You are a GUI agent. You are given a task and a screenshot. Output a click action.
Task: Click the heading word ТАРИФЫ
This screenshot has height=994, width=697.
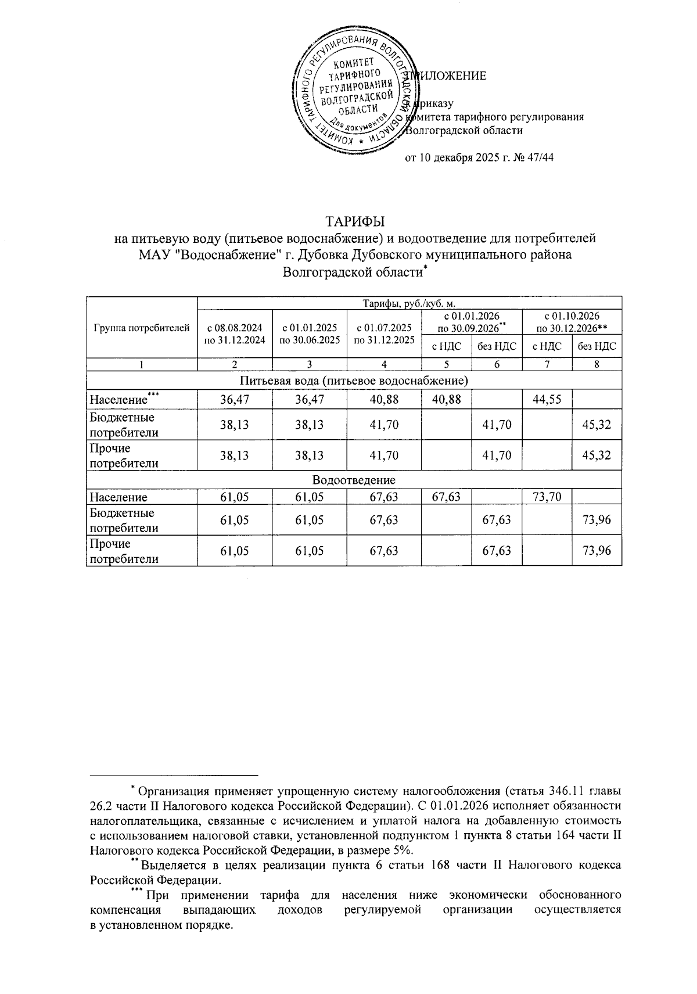[x=355, y=222]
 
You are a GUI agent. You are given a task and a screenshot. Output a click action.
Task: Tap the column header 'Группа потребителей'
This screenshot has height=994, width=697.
[x=141, y=328]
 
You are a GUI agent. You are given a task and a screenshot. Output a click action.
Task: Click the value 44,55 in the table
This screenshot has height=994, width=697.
[x=547, y=400]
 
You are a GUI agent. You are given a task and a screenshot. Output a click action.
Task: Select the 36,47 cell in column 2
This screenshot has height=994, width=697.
[x=235, y=400]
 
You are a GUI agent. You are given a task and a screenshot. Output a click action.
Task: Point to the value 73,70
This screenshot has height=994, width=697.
[x=547, y=497]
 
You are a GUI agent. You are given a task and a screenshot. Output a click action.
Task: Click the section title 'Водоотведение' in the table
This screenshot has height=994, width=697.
[x=354, y=480]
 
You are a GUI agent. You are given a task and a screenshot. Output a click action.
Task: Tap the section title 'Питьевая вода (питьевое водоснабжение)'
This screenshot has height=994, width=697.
[x=354, y=381]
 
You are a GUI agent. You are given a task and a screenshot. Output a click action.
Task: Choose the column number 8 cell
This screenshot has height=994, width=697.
[x=597, y=365]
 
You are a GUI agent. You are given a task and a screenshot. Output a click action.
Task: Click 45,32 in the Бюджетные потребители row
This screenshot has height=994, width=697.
[x=597, y=425]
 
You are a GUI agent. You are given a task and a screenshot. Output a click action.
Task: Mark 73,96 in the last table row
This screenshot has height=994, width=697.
[x=597, y=550]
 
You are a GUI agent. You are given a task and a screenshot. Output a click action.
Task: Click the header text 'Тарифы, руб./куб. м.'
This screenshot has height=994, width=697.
[x=409, y=303]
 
